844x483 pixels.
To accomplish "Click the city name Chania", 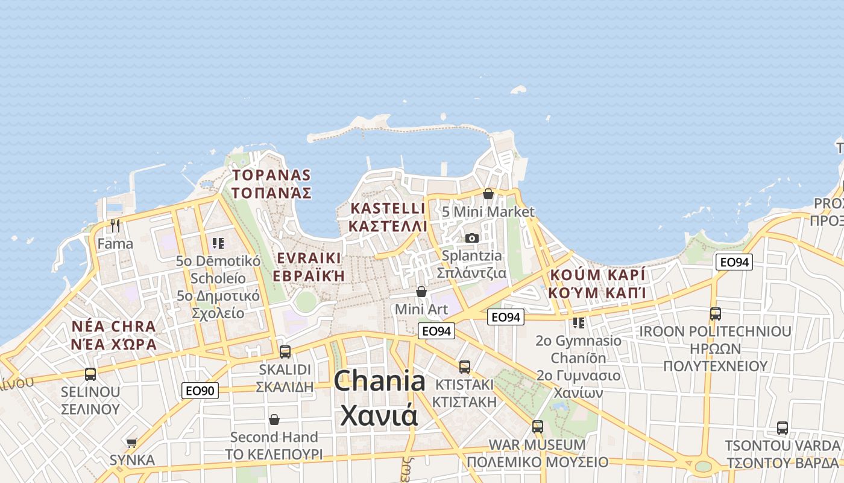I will click(379, 382).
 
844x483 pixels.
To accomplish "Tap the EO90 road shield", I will click(200, 391).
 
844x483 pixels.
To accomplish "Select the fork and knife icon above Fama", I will click(115, 226).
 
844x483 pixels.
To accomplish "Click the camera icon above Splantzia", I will click(472, 238).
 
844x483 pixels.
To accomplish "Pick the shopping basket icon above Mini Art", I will click(421, 292).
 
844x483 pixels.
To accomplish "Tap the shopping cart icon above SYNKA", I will click(132, 443).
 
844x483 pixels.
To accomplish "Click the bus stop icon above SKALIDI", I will click(285, 351).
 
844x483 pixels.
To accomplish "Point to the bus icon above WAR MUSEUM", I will click(537, 427).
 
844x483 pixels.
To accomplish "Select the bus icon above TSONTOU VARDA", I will click(782, 428).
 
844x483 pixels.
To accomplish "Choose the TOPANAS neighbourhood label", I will click(272, 176).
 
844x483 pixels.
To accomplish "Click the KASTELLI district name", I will click(388, 209).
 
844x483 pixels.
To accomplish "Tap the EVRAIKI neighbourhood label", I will click(309, 258).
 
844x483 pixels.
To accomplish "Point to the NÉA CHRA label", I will click(113, 327).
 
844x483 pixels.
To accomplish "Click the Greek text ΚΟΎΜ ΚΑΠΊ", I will click(597, 293).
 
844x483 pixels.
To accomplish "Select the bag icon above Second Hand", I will click(274, 419).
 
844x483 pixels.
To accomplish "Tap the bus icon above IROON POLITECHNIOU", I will click(715, 314).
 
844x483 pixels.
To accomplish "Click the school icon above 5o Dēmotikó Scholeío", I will click(218, 243).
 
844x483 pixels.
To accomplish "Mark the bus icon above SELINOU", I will click(90, 374).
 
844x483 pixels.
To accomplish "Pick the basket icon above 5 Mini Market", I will click(488, 194).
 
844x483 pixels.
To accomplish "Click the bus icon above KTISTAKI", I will click(464, 366).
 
